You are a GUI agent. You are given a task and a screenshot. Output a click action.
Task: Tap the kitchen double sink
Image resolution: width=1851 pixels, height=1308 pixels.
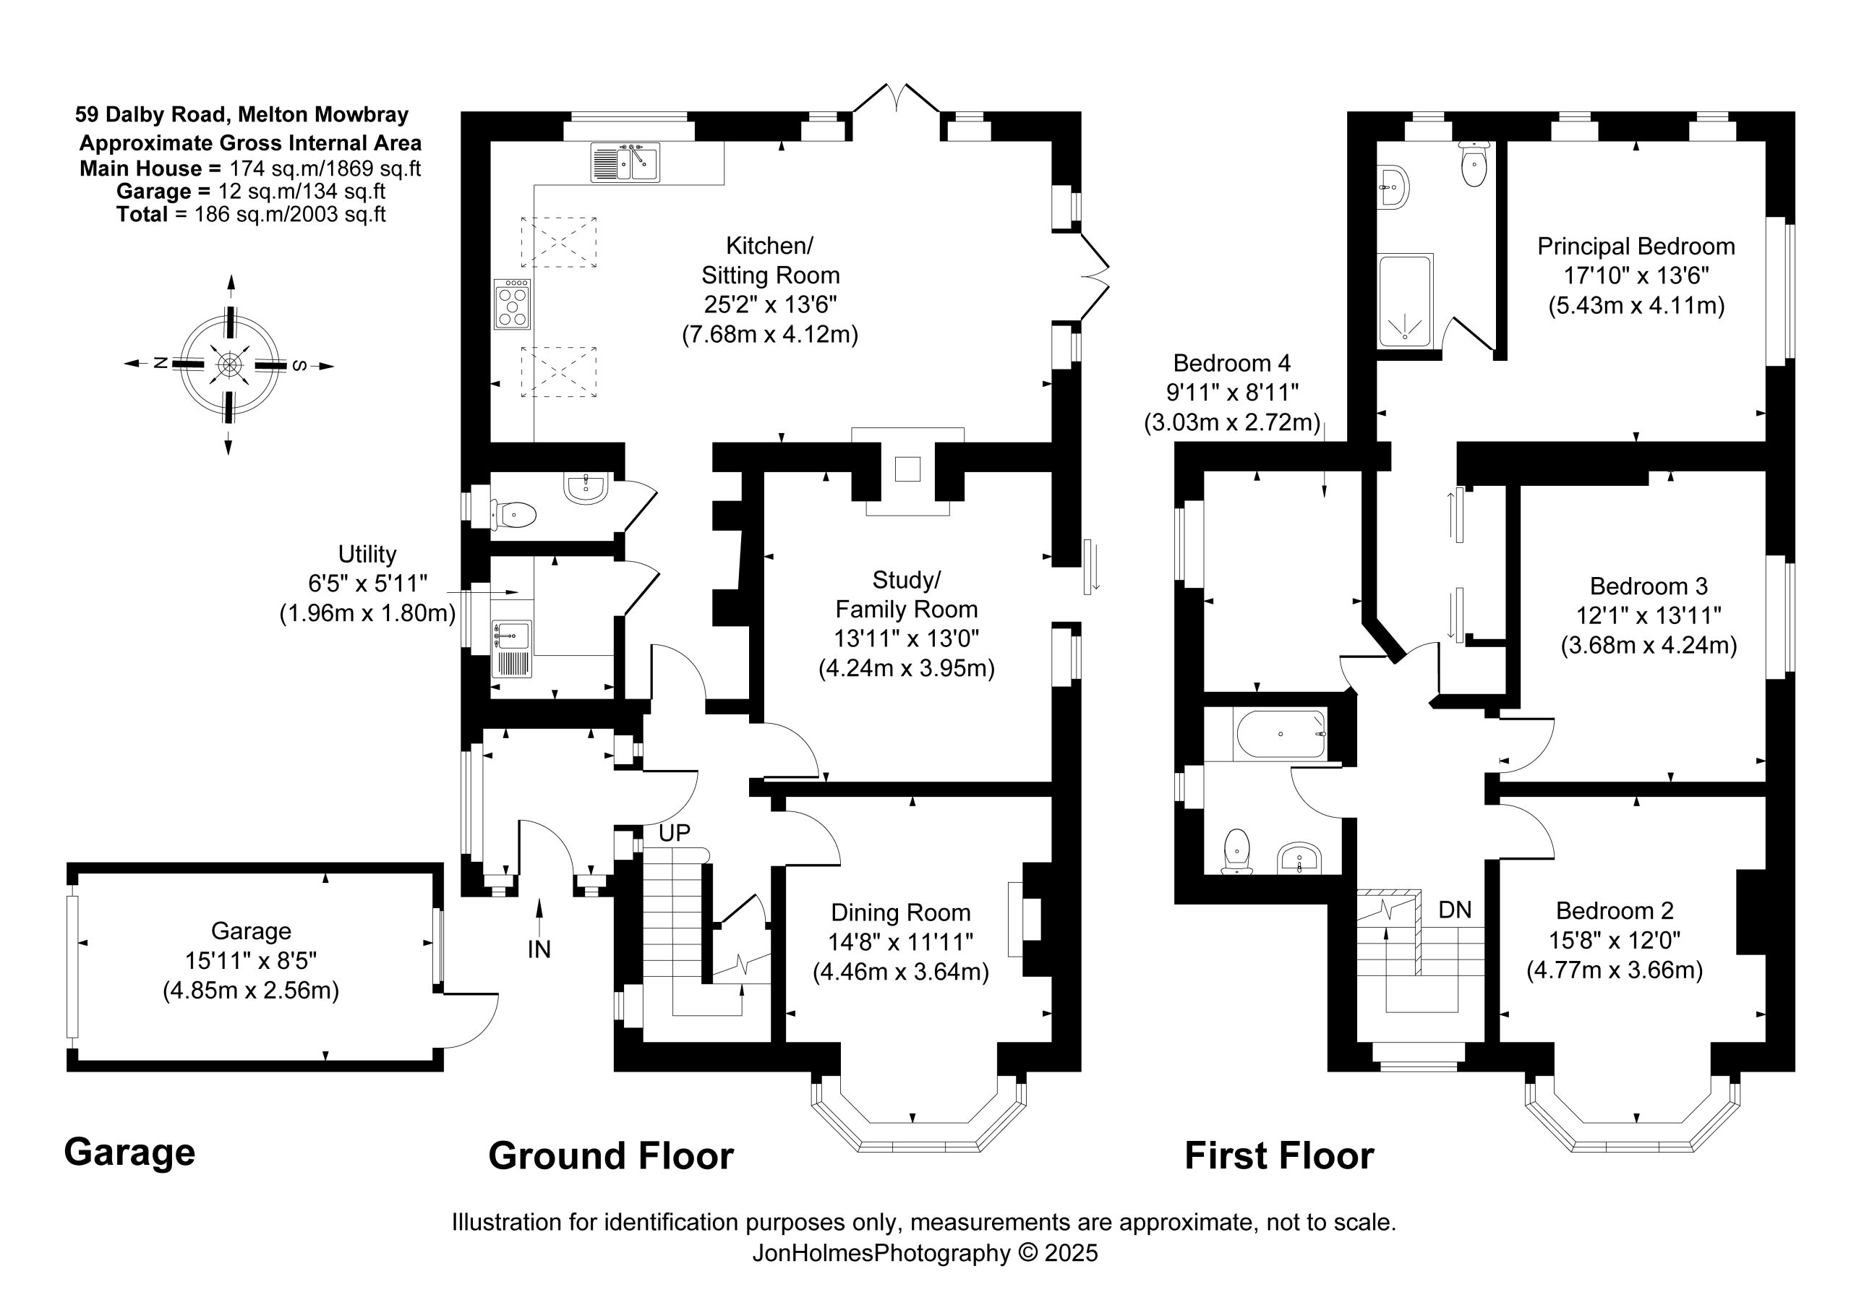625,163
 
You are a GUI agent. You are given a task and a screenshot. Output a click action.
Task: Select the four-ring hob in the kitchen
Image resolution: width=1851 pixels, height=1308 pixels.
513,304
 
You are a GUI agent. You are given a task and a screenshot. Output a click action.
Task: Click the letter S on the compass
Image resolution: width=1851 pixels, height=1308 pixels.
299,365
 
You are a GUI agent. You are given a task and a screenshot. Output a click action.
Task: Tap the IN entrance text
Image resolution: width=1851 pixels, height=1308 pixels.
539,950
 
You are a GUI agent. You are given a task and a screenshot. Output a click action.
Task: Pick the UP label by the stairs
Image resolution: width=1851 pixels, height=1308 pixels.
674,833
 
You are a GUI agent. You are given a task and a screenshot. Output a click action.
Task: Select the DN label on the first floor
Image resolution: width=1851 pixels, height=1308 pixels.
1455,910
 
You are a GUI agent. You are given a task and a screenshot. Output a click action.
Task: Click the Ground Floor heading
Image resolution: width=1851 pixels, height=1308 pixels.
611,1155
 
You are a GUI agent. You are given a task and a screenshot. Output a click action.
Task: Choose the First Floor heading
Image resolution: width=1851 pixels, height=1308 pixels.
1279,1155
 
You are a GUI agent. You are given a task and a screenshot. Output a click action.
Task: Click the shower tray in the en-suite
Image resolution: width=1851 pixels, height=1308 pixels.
1405,301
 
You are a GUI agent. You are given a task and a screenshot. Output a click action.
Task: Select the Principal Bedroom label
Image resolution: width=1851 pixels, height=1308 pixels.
1636,246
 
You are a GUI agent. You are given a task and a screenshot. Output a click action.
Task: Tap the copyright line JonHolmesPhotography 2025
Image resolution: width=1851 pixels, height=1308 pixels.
925,1252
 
